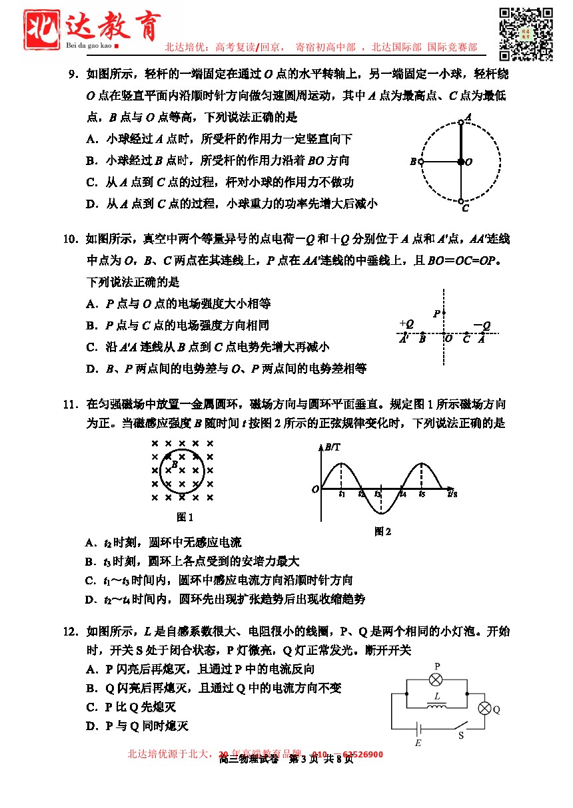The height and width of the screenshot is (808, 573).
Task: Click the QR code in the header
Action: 526,34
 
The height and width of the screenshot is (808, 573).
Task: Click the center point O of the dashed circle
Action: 461,162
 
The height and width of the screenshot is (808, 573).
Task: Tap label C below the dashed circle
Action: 465,208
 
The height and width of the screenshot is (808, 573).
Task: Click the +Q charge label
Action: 406,323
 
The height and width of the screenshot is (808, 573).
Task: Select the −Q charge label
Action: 482,325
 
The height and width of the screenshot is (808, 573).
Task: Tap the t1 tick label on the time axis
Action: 341,494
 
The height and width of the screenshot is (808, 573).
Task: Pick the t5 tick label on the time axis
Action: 422,494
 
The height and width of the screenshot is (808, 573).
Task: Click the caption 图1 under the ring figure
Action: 185,517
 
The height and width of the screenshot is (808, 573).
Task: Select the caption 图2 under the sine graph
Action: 382,531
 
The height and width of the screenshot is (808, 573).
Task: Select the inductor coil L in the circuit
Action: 436,705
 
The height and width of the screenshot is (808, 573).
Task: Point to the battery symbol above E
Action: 418,729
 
